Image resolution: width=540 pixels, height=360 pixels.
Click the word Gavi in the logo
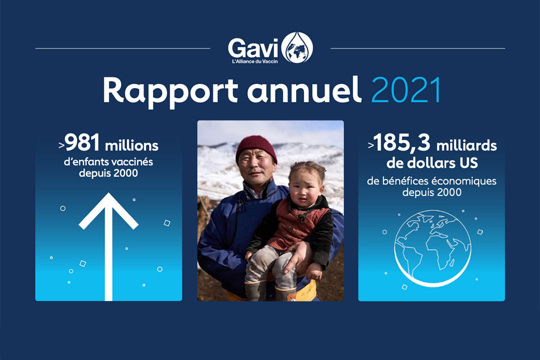[253, 48]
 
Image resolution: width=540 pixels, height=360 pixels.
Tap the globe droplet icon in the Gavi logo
[297, 47]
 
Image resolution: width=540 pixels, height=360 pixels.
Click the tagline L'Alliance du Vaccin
[255, 61]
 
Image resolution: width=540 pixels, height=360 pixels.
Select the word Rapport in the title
[170, 90]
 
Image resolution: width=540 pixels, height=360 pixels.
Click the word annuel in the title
[304, 90]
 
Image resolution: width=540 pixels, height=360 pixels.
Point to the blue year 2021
[406, 90]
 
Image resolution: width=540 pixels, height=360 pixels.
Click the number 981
[82, 142]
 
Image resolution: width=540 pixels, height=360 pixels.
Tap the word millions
[131, 145]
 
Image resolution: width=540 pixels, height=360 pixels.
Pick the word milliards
[466, 145]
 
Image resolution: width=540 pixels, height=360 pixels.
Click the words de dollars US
[432, 163]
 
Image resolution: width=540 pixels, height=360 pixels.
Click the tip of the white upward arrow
[108, 193]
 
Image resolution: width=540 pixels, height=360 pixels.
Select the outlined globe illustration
[432, 248]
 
